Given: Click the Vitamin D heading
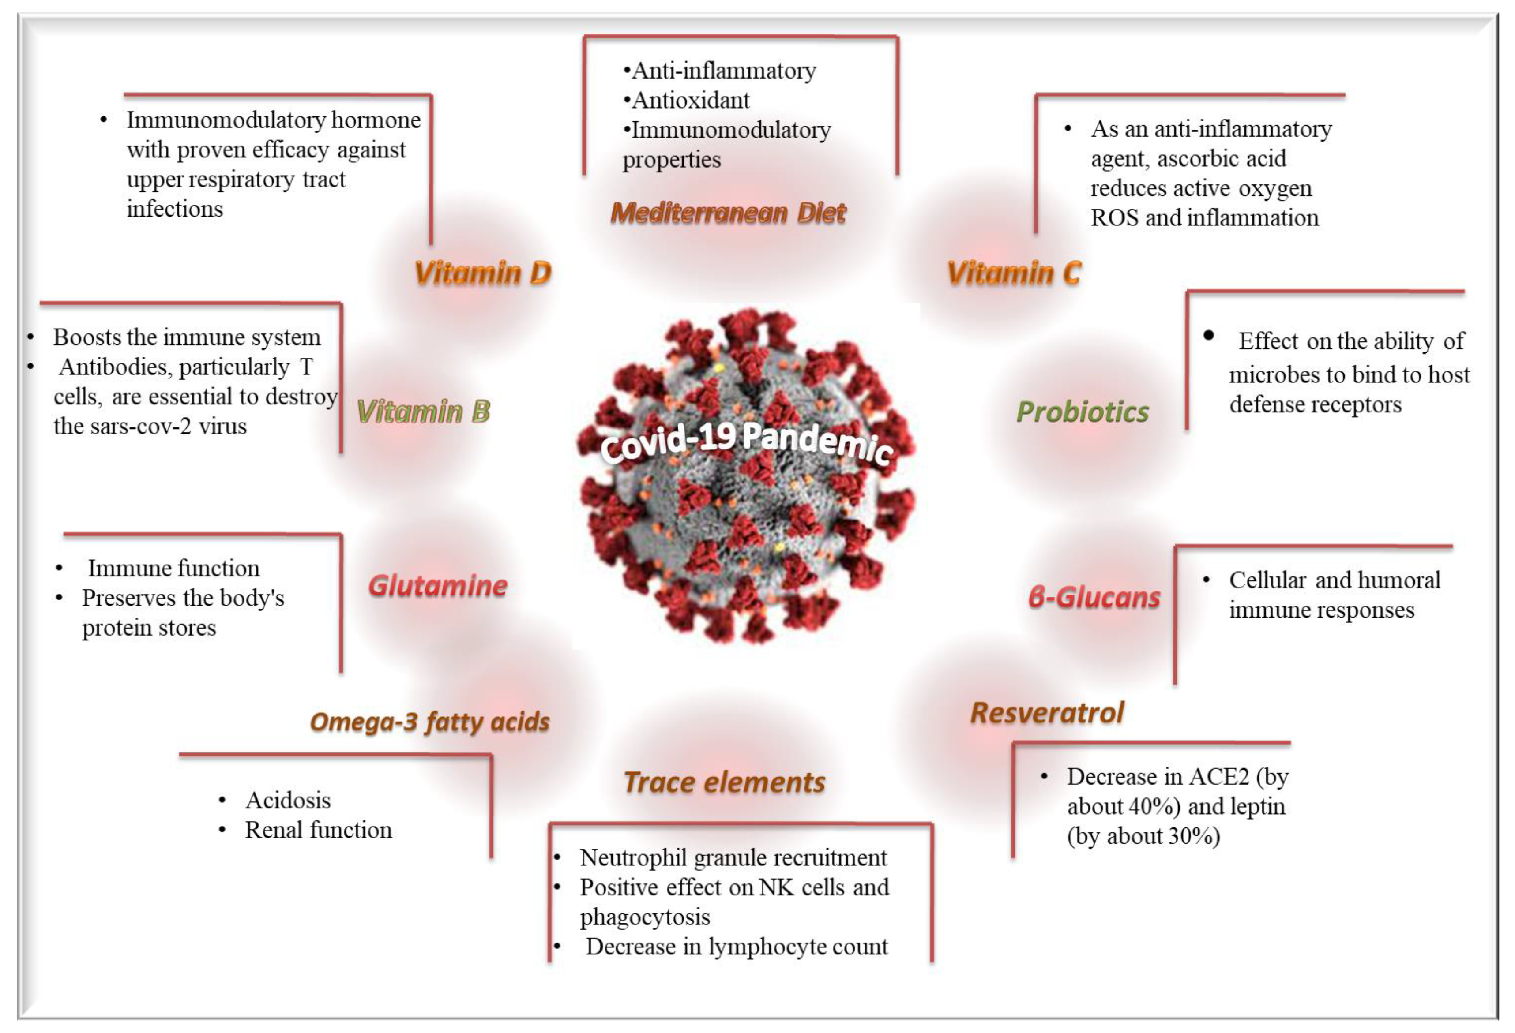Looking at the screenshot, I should [482, 273].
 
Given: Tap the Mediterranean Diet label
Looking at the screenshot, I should [728, 213].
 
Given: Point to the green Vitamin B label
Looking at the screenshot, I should [423, 412].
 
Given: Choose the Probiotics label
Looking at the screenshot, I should [1082, 412].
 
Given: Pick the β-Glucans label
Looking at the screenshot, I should [1094, 597].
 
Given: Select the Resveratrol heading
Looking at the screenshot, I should [1047, 712].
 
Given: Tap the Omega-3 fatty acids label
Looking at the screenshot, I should [429, 722].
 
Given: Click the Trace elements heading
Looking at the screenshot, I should [724, 782].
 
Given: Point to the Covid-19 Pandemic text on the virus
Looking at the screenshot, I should [746, 443].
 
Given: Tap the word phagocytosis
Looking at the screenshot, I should [645, 917].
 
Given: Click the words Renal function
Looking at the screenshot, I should [318, 830].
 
